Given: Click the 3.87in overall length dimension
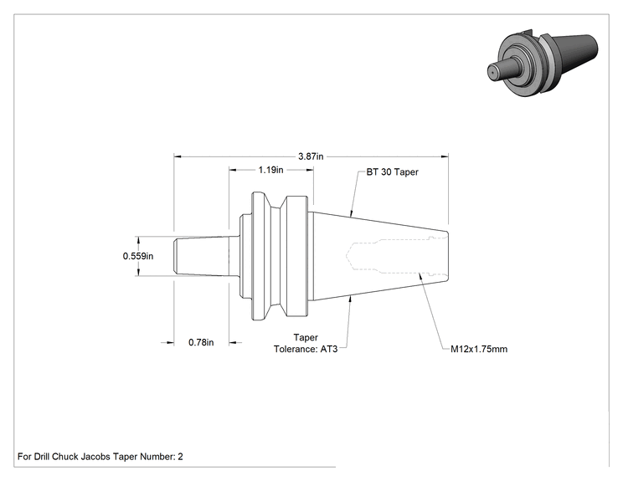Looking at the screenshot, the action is coord(311,156).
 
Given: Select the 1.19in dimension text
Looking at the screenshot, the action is coord(271,170).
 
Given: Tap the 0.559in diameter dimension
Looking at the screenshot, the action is coord(138,256).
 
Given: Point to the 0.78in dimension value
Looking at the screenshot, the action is coord(201,342).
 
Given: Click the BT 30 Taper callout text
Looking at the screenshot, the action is coord(392,171).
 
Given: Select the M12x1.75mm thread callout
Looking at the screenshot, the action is coord(479,349).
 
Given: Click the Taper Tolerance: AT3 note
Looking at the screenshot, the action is coord(306,343).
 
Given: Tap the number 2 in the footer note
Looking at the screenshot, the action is coord(180,457).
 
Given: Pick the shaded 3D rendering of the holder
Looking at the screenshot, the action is coord(543,63).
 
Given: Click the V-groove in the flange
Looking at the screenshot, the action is coord(278,256).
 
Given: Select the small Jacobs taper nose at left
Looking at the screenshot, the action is coord(201,256).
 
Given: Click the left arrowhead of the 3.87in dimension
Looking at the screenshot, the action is coord(178,156).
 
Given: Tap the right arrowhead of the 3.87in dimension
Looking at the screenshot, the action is coord(445,156).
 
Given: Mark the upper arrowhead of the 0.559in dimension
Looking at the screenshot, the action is coord(138,240).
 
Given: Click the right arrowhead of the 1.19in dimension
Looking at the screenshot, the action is coord(310,170).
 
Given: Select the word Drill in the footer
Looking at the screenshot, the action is coord(41,457).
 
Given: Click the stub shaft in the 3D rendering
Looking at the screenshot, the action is coord(502,70).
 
